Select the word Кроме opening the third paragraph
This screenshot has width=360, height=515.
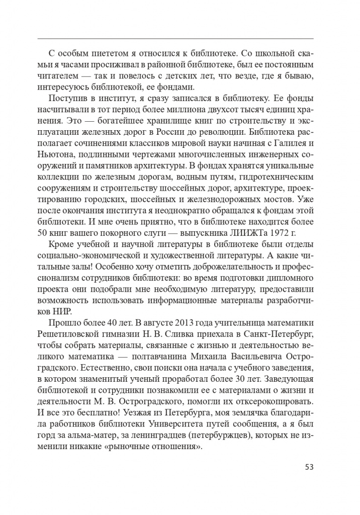click(61, 245)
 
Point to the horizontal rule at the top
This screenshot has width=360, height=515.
click(176, 39)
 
